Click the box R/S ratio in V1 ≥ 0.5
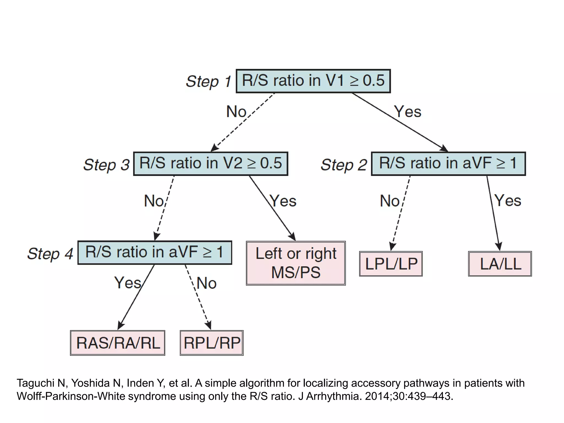313,81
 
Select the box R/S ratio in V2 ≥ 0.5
211,164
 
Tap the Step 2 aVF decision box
448,164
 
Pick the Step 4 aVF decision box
154,253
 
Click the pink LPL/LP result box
391,264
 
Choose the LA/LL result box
500,264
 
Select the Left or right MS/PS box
296,263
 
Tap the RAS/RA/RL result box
118,343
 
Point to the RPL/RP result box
211,343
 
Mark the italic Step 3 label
106,165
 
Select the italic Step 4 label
50,254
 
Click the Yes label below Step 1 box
408,112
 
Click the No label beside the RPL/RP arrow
207,283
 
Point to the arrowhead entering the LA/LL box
499,247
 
